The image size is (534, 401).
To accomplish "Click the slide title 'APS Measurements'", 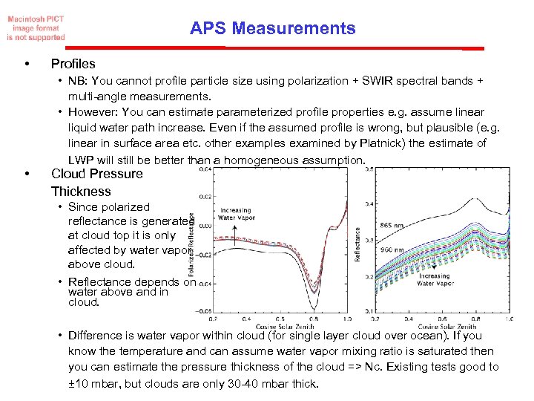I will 272,29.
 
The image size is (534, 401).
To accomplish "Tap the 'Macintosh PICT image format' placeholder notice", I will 36,27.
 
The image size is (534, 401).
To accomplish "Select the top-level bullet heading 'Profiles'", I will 73,64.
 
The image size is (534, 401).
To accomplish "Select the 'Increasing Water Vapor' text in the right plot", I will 433,280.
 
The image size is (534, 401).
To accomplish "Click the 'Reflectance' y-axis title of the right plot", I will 357,244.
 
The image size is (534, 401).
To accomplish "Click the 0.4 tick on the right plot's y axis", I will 369,203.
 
